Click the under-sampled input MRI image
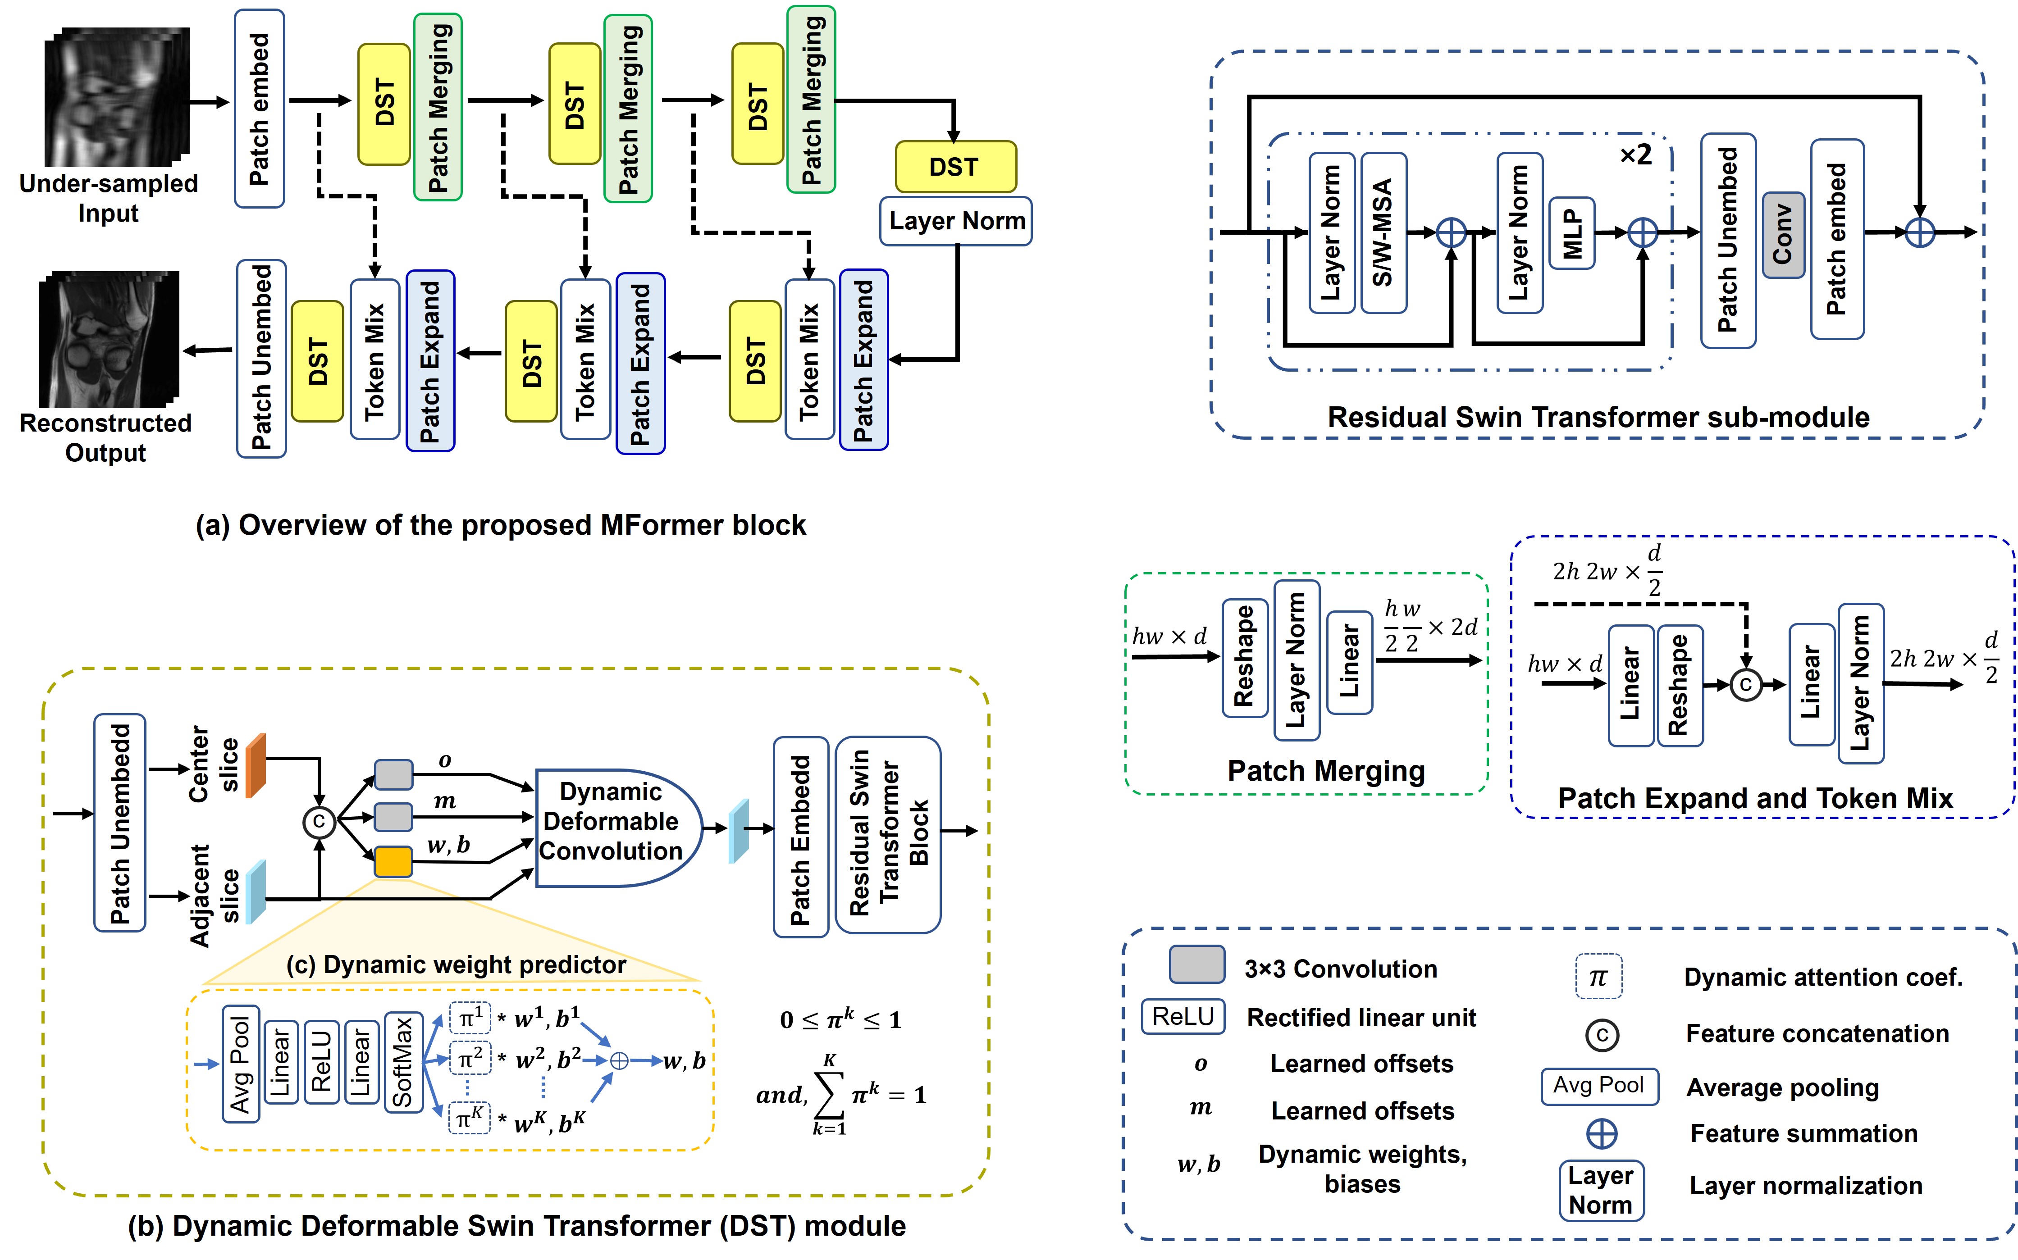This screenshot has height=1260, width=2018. pyautogui.click(x=117, y=96)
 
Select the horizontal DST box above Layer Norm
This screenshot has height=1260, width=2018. pyautogui.click(x=955, y=167)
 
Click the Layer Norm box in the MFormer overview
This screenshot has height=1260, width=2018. pyautogui.click(x=956, y=221)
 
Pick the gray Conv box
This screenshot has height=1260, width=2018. pyautogui.click(x=1783, y=235)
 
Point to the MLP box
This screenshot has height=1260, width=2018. pyautogui.click(x=1571, y=233)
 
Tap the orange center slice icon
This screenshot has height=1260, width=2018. pyautogui.click(x=256, y=765)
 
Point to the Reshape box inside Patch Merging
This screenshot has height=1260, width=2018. pyautogui.click(x=1245, y=658)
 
